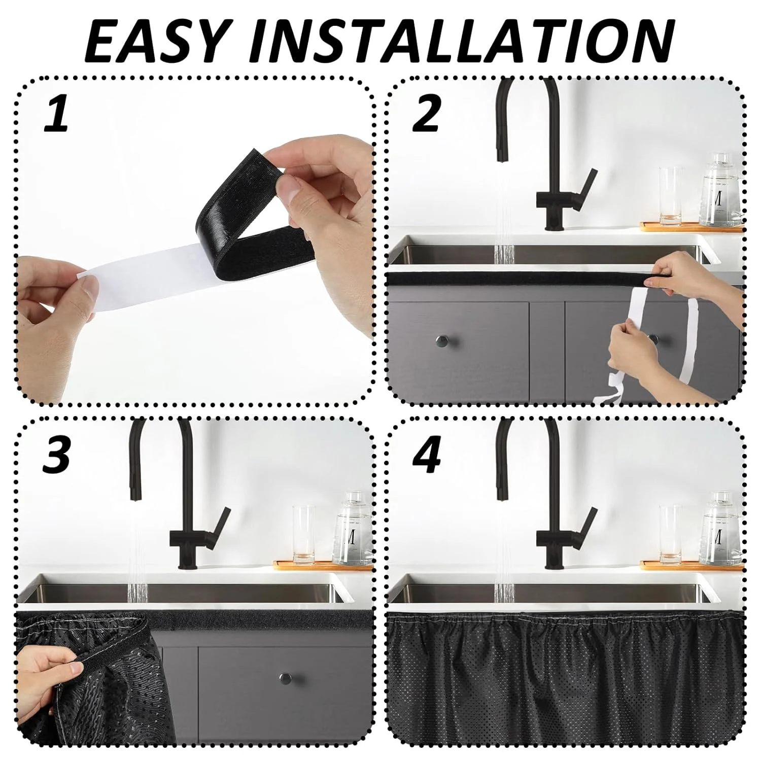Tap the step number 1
click(x=57, y=115)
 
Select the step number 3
click(x=56, y=456)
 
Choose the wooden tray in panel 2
click(x=690, y=227)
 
